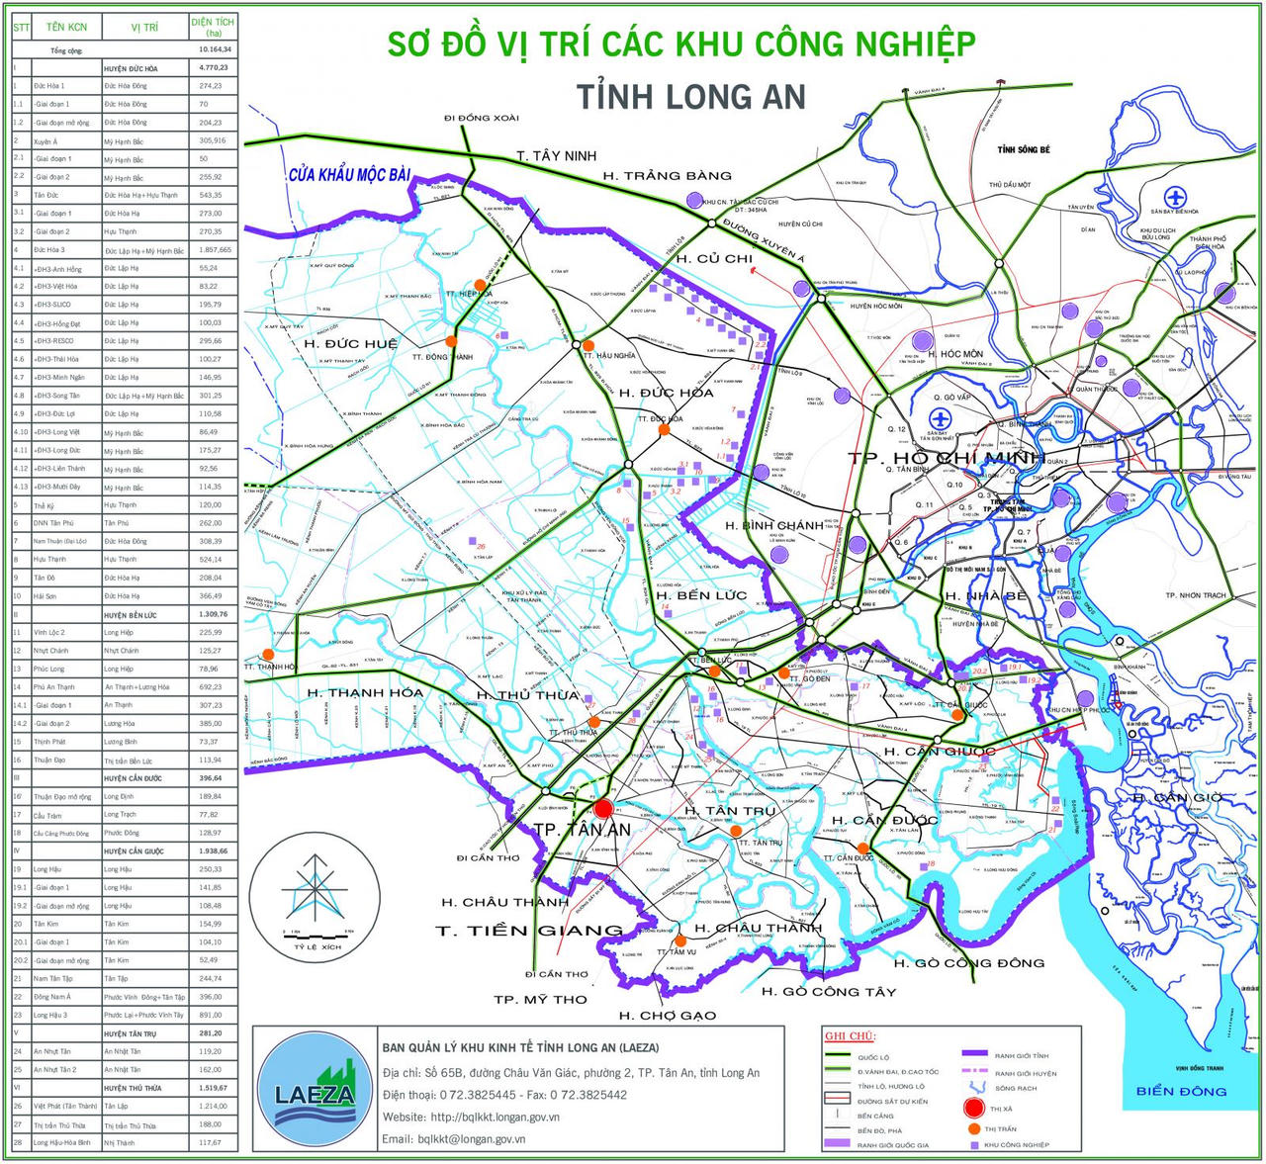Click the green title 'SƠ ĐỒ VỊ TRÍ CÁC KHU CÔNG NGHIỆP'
point(680,45)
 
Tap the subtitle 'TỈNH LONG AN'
point(690,97)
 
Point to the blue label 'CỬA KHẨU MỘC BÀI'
point(349,175)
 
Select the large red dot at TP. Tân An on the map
point(603,809)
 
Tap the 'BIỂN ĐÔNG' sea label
point(1181,1091)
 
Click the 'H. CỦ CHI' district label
point(714,259)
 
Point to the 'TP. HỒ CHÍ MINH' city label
point(946,458)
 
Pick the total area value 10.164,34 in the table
point(214,49)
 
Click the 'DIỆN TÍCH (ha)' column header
point(214,27)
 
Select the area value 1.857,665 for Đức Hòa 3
point(214,250)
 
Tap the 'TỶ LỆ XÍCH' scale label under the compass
point(316,946)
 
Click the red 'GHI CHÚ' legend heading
point(850,1036)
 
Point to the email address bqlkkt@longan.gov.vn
point(454,1138)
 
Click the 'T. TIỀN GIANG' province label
point(530,931)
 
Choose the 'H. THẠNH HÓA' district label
point(365,692)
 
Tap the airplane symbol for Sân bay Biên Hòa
point(1175,196)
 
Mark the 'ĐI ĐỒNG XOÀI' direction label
point(481,118)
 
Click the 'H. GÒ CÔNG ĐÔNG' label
point(968,962)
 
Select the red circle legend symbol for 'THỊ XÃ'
point(974,1109)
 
